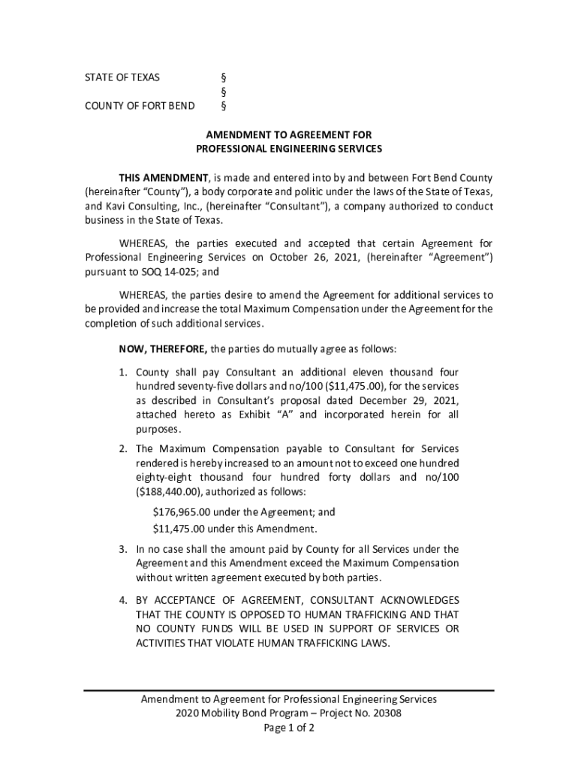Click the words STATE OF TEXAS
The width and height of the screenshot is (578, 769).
[122, 77]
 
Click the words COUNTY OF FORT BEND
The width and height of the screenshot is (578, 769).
[139, 105]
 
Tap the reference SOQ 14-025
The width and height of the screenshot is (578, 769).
[176, 272]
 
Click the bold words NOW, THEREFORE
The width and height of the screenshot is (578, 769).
[164, 349]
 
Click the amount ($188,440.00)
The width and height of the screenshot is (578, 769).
[169, 492]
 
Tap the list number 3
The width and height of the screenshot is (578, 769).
[122, 549]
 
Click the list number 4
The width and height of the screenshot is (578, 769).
[122, 600]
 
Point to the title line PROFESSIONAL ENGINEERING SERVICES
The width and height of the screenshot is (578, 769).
[289, 149]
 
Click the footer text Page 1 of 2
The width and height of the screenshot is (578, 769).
[289, 728]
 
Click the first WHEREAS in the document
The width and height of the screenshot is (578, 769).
[144, 243]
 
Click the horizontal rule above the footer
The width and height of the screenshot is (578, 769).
[289, 690]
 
